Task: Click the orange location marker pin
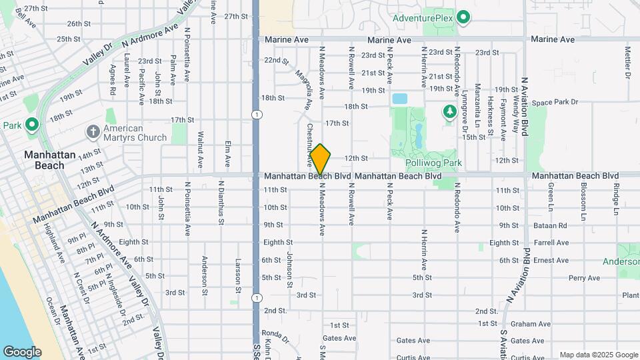pyautogui.click(x=321, y=159)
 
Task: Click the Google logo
pyautogui.click(x=22, y=351)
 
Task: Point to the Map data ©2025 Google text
pyautogui.click(x=598, y=355)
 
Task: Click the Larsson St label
pyautogui.click(x=238, y=275)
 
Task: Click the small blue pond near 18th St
pyautogui.click(x=400, y=99)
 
